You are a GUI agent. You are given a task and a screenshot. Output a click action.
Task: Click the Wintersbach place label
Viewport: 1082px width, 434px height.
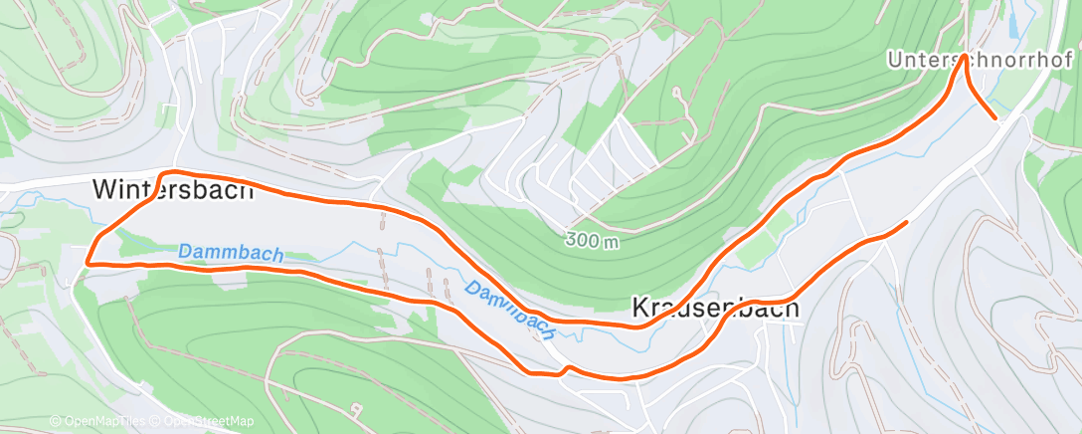173,189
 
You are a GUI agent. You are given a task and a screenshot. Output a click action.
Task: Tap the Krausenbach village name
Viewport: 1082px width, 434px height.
716,310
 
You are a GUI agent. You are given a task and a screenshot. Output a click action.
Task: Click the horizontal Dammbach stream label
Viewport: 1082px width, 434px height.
231,254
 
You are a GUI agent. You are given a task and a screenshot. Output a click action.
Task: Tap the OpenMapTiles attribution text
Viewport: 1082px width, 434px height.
97,421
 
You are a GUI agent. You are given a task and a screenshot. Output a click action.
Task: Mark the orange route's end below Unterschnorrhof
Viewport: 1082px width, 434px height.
995,116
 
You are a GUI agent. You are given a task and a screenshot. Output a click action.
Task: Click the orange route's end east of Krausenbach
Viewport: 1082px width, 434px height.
906,222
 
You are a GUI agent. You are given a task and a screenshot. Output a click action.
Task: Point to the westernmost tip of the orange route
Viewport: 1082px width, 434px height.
88,263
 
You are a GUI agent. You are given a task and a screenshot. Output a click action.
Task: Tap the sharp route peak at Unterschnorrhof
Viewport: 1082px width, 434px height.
964,58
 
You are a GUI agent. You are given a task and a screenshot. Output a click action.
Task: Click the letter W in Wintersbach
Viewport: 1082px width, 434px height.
103,189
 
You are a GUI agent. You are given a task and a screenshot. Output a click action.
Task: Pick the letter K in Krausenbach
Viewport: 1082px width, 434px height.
640,310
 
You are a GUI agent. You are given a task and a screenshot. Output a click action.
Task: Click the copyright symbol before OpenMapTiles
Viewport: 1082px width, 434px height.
55,421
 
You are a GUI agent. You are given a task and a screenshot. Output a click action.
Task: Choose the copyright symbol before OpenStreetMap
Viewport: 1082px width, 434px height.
156,421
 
